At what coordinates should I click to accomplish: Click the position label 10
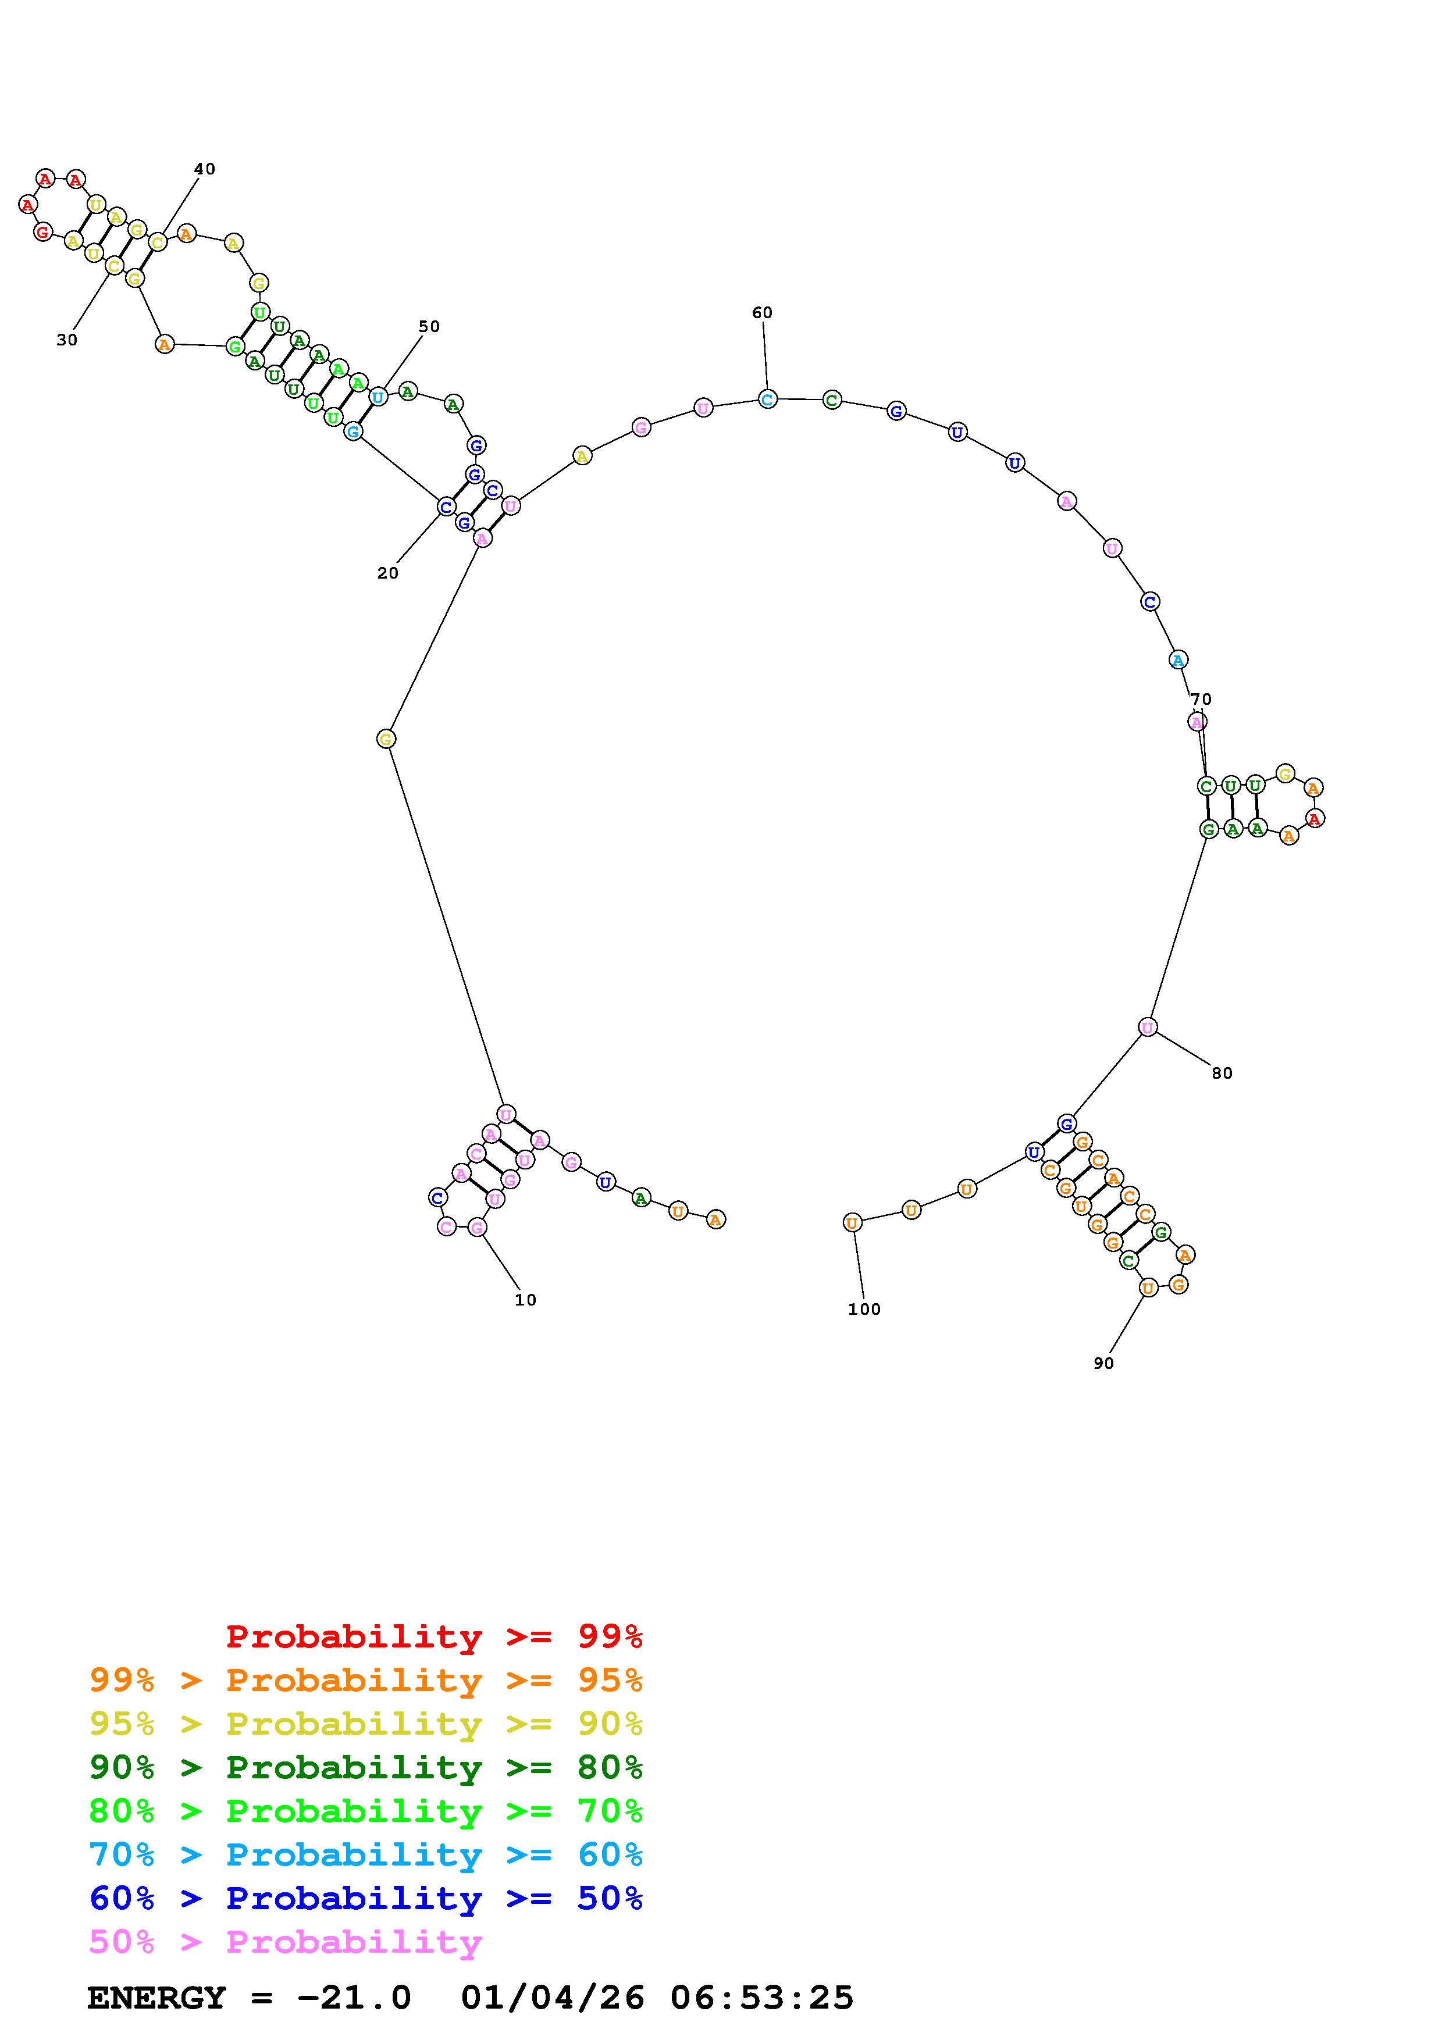[x=525, y=1300]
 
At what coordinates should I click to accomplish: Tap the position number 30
[x=67, y=340]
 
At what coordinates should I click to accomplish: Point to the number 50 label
[x=429, y=326]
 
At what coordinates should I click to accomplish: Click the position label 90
[x=1103, y=1363]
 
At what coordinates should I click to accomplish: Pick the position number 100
[x=864, y=1309]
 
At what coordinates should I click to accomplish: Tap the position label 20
[x=387, y=573]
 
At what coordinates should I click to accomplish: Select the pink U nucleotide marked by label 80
[x=1148, y=1027]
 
